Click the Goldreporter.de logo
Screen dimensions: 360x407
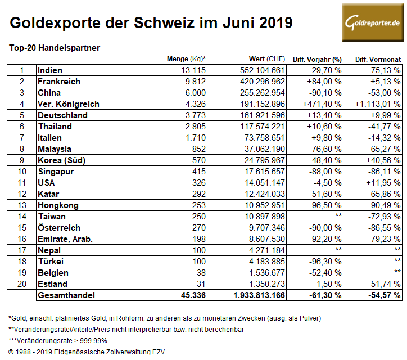tap(372, 22)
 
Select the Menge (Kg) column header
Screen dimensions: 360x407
tap(186, 59)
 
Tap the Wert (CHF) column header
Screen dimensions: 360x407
tap(267, 59)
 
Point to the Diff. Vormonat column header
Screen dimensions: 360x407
tap(378, 59)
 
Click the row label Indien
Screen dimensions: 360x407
tap(50, 70)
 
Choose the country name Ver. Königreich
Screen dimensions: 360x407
tap(68, 104)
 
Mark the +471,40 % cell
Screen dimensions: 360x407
tap(322, 104)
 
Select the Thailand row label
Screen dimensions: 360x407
tap(55, 127)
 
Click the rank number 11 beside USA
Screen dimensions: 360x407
tap(22, 183)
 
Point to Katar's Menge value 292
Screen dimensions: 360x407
tap(199, 194)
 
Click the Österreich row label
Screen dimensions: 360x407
tap(58, 228)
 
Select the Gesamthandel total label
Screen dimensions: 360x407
tap(65, 295)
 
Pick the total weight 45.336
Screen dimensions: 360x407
tap(193, 295)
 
